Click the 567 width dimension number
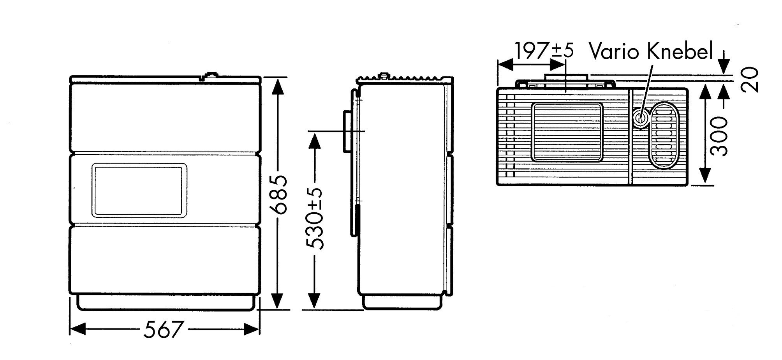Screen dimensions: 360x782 point(163,330)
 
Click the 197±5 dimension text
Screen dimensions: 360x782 point(544,50)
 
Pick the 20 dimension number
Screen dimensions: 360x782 point(750,80)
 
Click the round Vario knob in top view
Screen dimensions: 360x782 point(640,117)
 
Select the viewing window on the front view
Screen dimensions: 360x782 point(139,191)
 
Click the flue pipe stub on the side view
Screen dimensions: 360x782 point(347,132)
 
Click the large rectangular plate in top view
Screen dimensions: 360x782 point(567,132)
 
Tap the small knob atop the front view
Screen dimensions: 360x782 point(211,75)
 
